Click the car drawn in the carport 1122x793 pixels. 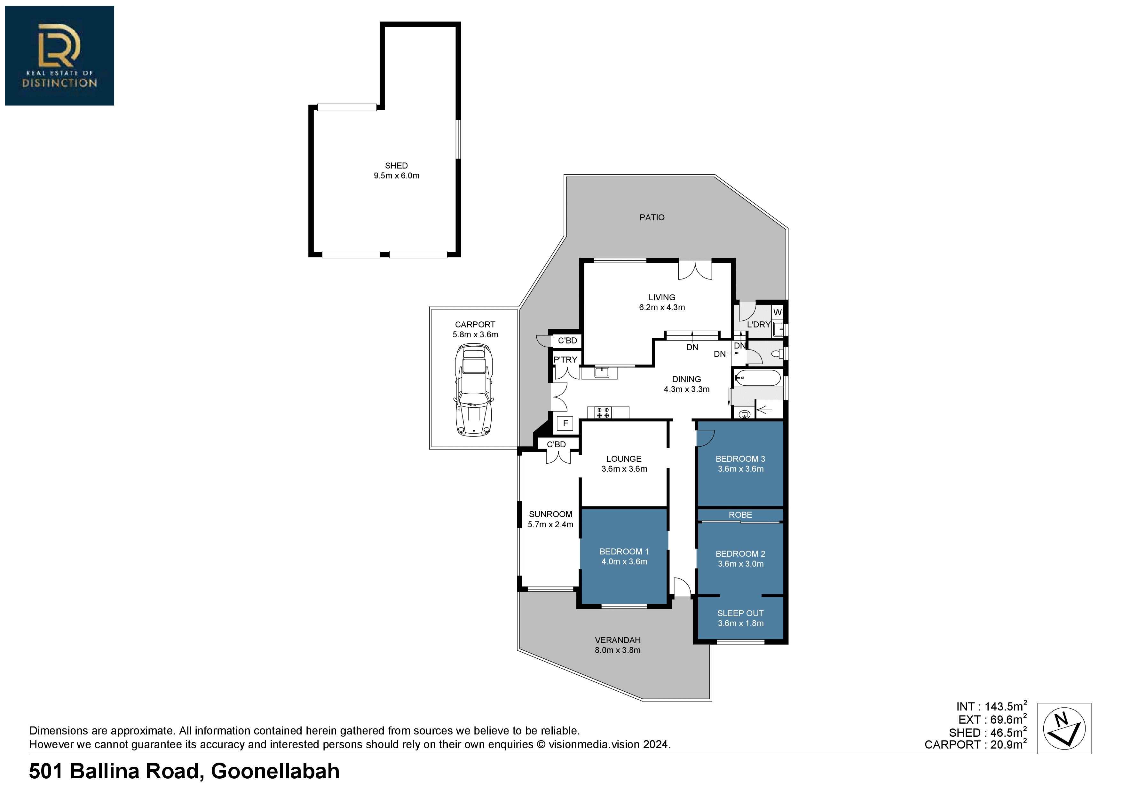474,390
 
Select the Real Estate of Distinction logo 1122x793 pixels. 59,56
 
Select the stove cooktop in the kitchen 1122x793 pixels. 603,412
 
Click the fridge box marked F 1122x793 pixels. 565,423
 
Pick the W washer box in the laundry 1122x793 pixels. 778,312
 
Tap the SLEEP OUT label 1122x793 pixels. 740,613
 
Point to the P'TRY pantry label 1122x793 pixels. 565,360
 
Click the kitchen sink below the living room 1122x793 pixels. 602,372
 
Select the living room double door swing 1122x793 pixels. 695,271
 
